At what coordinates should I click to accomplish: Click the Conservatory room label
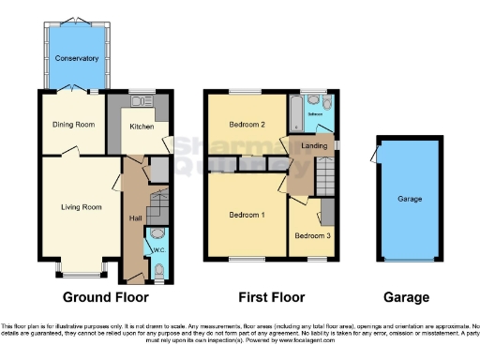77,58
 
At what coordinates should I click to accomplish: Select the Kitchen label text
142,126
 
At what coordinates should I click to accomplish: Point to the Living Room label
81,206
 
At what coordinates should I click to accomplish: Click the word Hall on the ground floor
135,218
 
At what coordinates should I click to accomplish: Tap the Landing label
313,145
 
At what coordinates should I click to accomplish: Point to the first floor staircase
322,174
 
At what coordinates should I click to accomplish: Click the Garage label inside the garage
409,199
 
